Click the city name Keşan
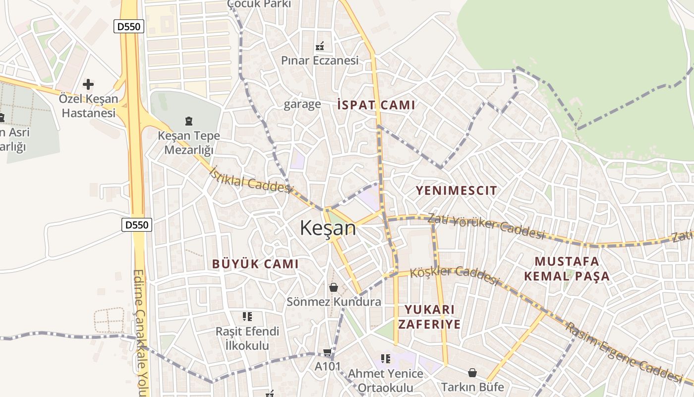(x=328, y=228)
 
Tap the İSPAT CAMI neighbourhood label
(x=376, y=105)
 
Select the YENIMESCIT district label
(x=456, y=190)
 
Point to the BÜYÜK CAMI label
(x=255, y=264)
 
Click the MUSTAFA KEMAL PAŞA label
(x=567, y=268)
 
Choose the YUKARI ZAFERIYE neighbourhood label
(x=429, y=317)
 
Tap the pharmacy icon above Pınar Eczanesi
(x=320, y=46)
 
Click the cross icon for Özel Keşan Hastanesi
(x=88, y=84)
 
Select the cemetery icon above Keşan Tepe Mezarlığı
(x=188, y=121)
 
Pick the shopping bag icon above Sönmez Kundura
(x=334, y=287)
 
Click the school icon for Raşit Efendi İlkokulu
(x=247, y=316)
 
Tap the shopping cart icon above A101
(x=327, y=352)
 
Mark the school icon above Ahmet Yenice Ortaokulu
(x=386, y=358)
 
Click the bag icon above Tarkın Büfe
(x=472, y=372)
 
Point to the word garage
(x=302, y=104)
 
